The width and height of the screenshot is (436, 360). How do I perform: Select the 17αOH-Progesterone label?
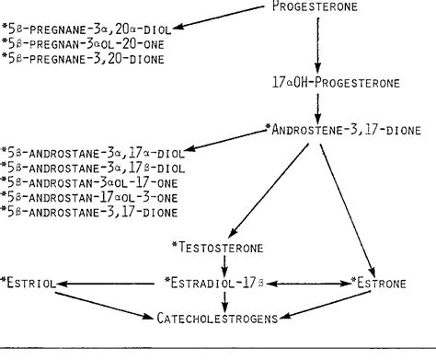[322, 83]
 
